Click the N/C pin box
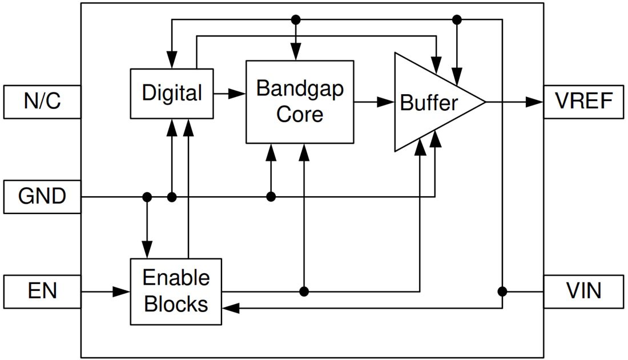coord(42,102)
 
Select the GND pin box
coord(42,197)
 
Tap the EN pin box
coord(42,292)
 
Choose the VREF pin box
coord(584,102)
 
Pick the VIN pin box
coord(584,292)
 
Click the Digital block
coord(172,93)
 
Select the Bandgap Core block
coord(300,102)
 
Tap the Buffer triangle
coord(428,103)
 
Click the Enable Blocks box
coord(176,292)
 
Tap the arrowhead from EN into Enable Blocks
coord(122,292)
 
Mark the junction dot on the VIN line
coord(502,292)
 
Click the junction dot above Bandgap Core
coord(295,20)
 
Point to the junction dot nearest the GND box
coord(147,197)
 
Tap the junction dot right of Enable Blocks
coord(304,292)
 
